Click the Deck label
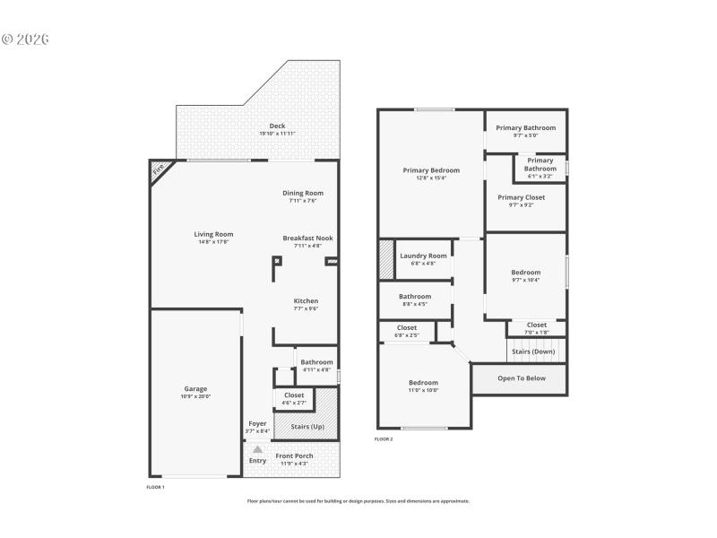tap(278, 126)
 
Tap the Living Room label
tap(213, 234)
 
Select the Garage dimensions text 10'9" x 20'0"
tap(196, 396)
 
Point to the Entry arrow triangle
tap(258, 450)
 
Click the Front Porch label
tap(294, 456)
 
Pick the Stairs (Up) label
tap(307, 427)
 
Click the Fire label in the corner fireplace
tap(159, 169)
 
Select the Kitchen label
tap(306, 300)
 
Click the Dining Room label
tap(303, 193)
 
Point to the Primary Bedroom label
tap(431, 170)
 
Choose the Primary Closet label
tap(521, 197)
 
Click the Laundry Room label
tap(423, 256)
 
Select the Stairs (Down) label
tap(533, 351)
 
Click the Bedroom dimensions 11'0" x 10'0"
tap(423, 390)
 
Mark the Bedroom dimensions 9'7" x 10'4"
tap(526, 281)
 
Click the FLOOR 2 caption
tap(384, 439)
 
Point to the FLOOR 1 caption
tap(155, 487)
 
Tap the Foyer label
tap(257, 423)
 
